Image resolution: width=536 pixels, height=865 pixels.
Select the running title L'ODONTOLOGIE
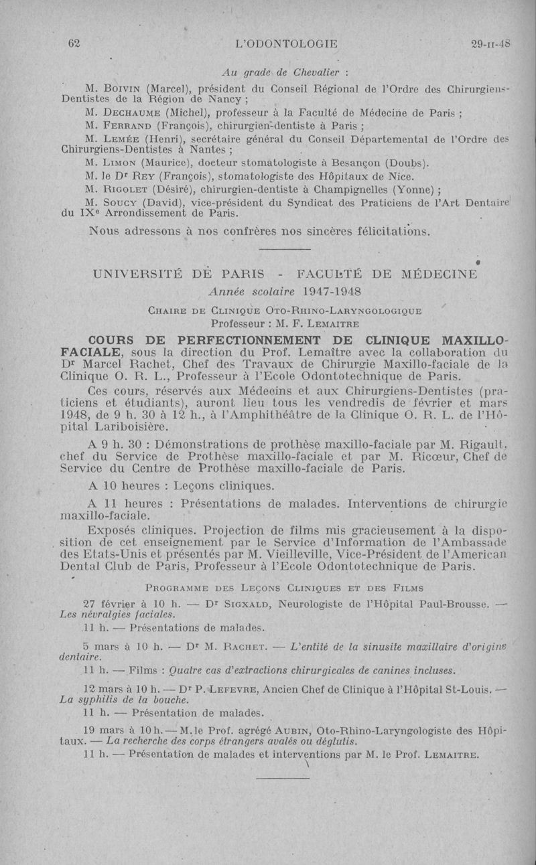coord(286,44)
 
